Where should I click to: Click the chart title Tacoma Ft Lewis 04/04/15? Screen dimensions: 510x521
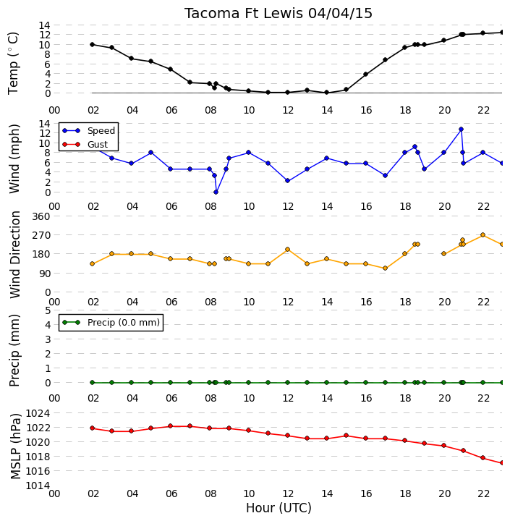pyautogui.click(x=278, y=14)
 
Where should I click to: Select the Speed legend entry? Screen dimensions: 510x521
pyautogui.click(x=89, y=130)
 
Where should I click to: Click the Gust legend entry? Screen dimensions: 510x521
pyautogui.click(x=85, y=145)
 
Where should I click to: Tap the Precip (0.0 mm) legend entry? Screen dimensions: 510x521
pyautogui.click(x=111, y=322)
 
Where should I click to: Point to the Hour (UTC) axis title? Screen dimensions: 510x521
pyautogui.click(x=279, y=508)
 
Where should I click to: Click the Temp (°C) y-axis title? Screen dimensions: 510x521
pyautogui.click(x=13, y=63)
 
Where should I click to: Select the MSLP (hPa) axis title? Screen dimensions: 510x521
pyautogui.click(x=15, y=446)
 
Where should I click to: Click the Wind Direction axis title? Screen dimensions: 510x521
pyautogui.click(x=15, y=255)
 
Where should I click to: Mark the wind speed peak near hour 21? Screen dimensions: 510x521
pyautogui.click(x=461, y=130)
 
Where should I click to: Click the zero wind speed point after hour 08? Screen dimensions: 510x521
pyautogui.click(x=216, y=192)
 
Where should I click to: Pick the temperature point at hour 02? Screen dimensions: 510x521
pyautogui.click(x=93, y=45)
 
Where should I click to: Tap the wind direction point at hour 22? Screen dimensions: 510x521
pyautogui.click(x=483, y=235)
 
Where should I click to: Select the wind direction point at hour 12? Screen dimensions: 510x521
pyautogui.click(x=287, y=249)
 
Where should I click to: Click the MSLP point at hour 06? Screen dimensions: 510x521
pyautogui.click(x=171, y=426)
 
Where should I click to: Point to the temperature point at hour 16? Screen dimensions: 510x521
pyautogui.click(x=365, y=74)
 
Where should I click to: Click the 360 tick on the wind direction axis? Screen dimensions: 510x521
pyautogui.click(x=41, y=216)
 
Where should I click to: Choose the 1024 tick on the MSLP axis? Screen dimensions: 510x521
pyautogui.click(x=38, y=413)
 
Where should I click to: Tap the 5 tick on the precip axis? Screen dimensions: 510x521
pyautogui.click(x=47, y=310)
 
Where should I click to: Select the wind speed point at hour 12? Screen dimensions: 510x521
pyautogui.click(x=287, y=181)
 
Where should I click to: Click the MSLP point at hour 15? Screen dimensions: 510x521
pyautogui.click(x=346, y=436)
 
